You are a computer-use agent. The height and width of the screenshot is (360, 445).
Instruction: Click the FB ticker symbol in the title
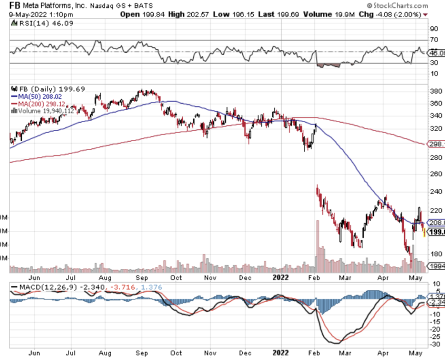(15, 5)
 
